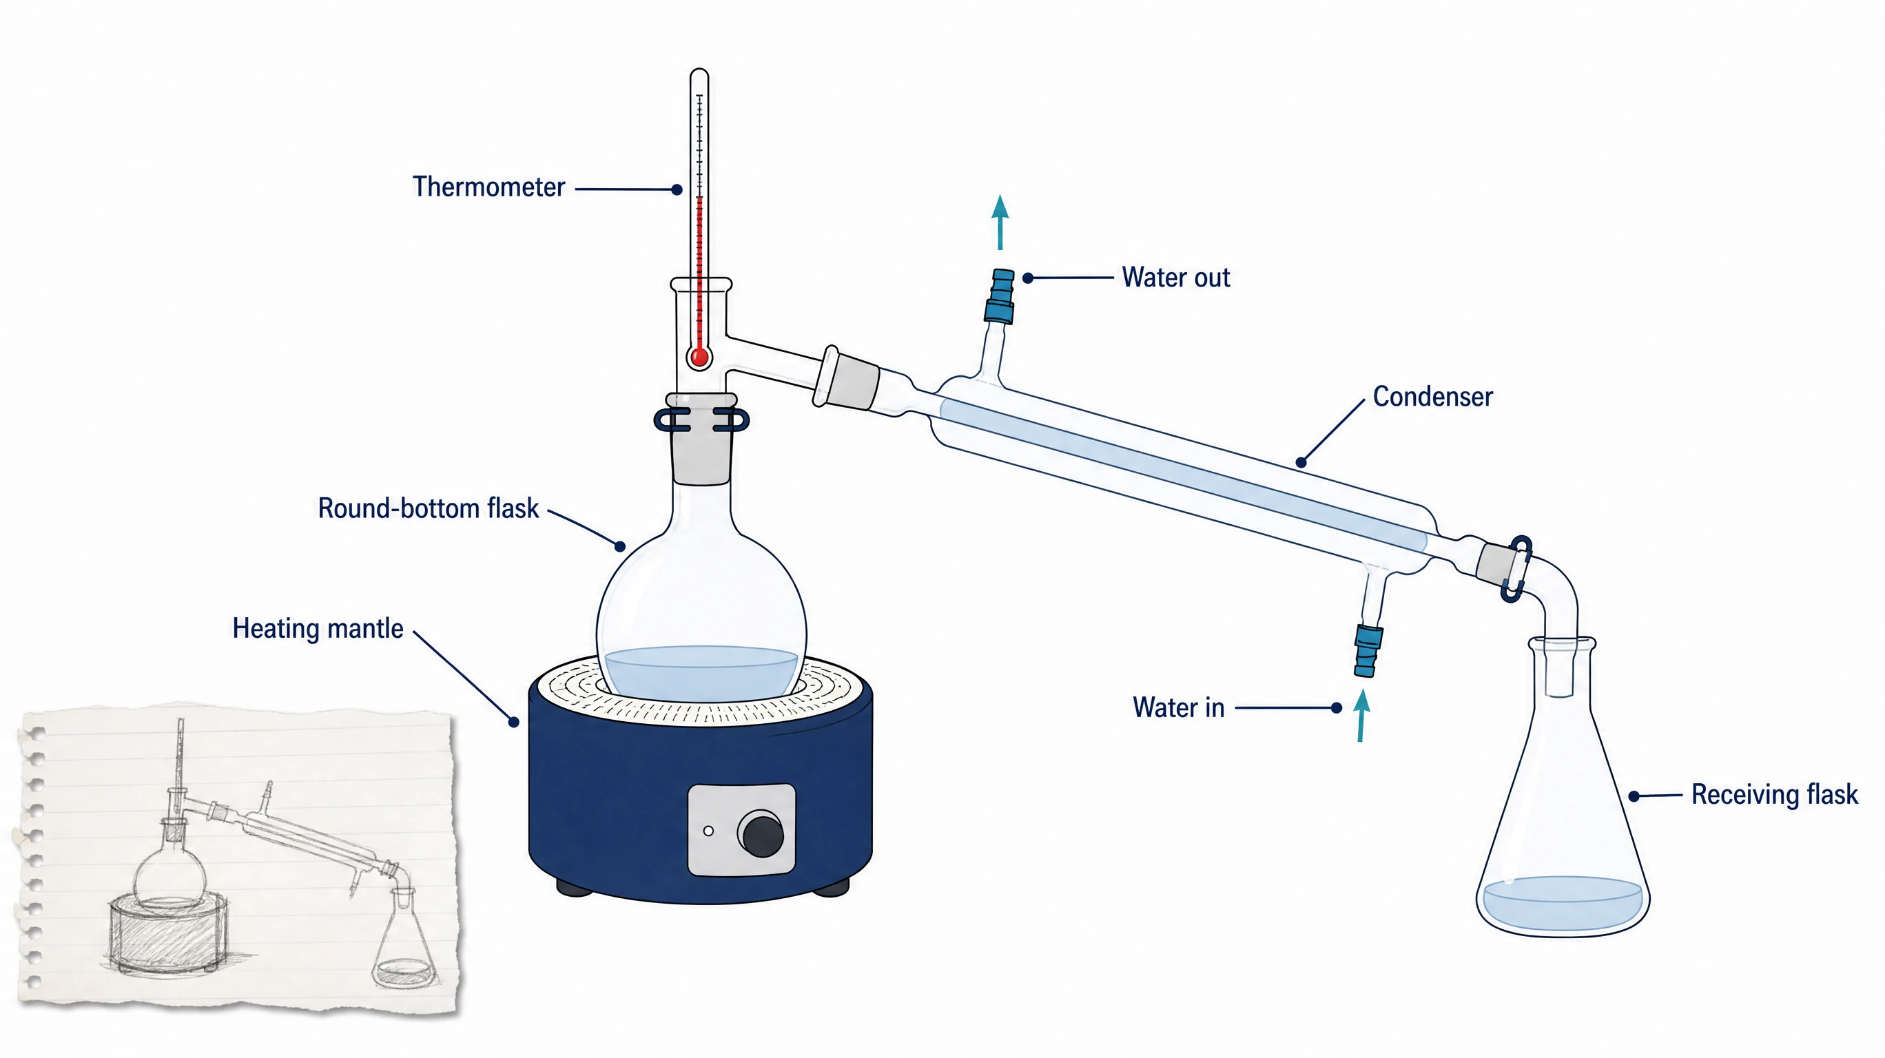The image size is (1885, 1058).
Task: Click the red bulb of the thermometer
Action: pos(699,357)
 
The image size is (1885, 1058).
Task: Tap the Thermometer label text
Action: pos(488,187)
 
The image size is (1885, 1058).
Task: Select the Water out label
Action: pos(1176,278)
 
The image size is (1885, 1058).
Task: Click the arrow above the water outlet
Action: pos(1000,222)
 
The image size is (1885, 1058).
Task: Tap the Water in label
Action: pos(1178,707)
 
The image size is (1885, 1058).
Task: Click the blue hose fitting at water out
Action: pos(1000,296)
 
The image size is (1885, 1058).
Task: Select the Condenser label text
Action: pos(1432,397)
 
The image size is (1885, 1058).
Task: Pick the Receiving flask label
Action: pos(1775,795)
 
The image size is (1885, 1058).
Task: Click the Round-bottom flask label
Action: pos(428,508)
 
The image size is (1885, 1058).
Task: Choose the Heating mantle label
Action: pos(318,628)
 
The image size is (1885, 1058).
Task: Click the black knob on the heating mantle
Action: pos(762,833)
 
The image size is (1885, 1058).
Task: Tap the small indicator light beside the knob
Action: pos(708,831)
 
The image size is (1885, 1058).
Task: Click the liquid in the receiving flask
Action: pos(1562,902)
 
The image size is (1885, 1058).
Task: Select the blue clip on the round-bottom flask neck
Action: pos(701,420)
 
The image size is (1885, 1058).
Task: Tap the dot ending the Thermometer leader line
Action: pos(677,189)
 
